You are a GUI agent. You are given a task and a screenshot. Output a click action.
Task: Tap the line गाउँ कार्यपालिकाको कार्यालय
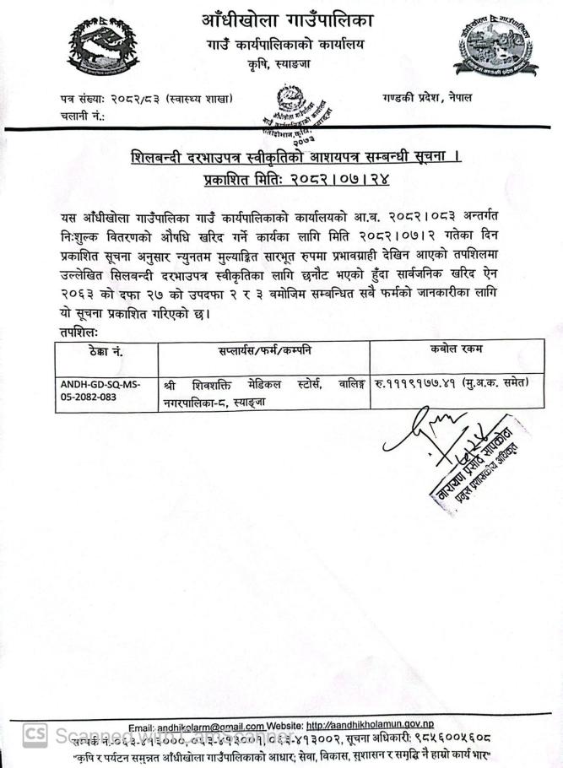pyautogui.click(x=287, y=44)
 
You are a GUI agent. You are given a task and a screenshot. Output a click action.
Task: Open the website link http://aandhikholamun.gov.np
pyautogui.click(x=370, y=726)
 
